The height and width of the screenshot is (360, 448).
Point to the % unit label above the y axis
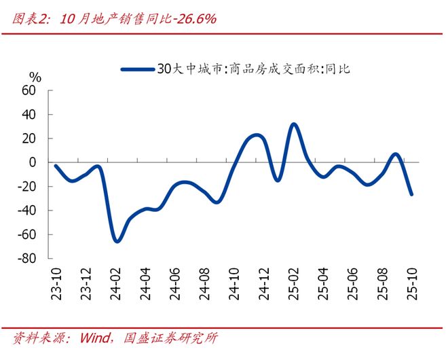(35, 77)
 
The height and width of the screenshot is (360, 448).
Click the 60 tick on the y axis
(29, 90)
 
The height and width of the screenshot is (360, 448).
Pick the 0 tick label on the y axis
(32, 162)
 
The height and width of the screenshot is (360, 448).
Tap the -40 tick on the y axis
(26, 211)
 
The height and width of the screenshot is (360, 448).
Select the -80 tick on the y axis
(26, 259)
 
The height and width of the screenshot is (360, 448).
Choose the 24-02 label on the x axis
(116, 283)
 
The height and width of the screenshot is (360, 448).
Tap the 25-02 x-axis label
(293, 283)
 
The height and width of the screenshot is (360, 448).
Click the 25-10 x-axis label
(411, 283)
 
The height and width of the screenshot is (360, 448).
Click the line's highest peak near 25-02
(293, 124)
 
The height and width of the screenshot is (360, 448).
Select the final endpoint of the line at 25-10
(411, 194)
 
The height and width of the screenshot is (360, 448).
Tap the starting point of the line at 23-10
(56, 166)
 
